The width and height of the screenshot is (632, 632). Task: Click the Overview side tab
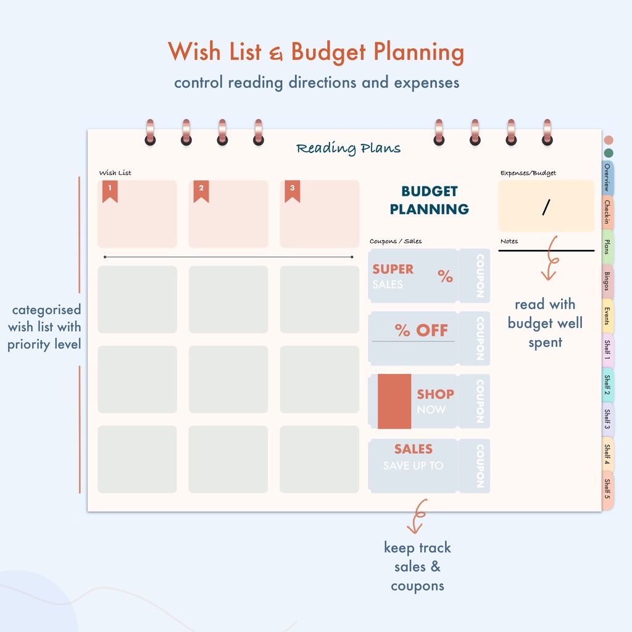pos(608,178)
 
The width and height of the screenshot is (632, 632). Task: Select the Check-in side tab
pos(608,212)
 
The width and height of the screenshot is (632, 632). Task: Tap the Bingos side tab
pos(608,281)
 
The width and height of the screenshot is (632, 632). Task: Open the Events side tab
pos(608,316)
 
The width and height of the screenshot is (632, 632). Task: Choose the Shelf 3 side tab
pos(608,420)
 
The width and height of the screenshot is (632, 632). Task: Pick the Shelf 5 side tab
pos(608,489)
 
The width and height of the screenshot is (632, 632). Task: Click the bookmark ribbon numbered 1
pos(110,191)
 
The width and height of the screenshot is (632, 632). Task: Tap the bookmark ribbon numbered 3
pos(292,191)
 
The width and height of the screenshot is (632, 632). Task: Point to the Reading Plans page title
pos(348,148)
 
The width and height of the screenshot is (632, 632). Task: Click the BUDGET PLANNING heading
pos(430,200)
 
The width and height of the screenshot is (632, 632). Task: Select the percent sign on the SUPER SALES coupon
pos(446,276)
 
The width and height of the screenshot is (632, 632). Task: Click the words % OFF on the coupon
pos(421,331)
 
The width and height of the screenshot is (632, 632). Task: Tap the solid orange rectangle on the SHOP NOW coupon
pos(394,401)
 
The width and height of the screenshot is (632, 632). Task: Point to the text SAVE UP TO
pos(413,466)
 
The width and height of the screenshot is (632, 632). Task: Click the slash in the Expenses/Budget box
pos(546,207)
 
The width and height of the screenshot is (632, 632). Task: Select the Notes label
pos(509,241)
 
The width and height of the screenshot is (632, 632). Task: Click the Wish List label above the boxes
pos(115,173)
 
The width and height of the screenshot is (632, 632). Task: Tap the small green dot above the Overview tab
pos(609,153)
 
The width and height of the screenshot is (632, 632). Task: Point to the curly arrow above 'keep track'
pos(417,515)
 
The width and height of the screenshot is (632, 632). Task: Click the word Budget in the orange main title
pos(328,52)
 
